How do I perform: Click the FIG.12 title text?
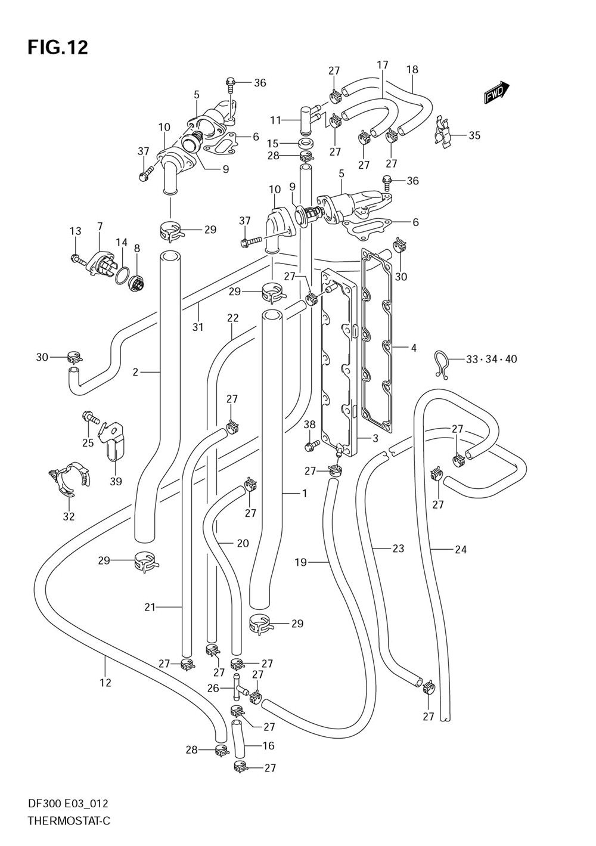point(58,48)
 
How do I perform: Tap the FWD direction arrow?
point(497,93)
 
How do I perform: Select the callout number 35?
point(474,135)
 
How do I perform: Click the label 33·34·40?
point(492,359)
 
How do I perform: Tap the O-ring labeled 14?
point(122,275)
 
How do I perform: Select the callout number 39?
point(116,482)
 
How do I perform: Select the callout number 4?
point(414,348)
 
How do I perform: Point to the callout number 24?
point(461,550)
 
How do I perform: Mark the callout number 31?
point(198,327)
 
